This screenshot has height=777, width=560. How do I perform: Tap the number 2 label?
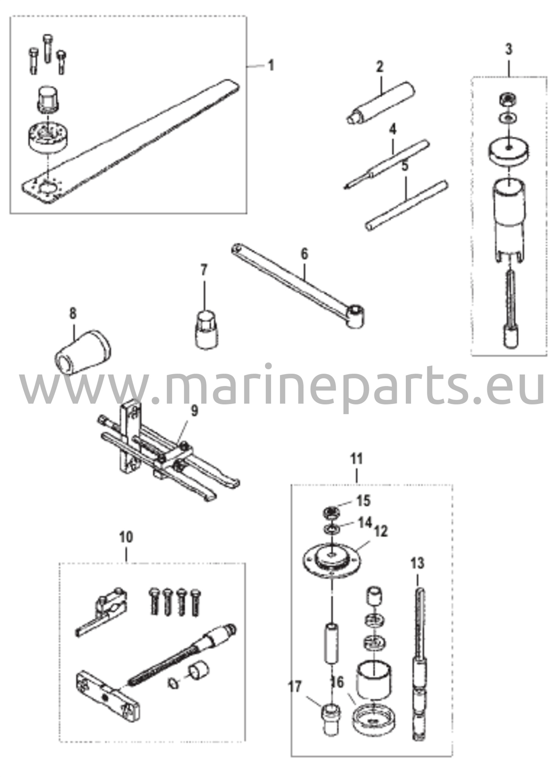[x=380, y=67]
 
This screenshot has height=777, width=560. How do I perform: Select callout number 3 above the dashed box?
[x=508, y=49]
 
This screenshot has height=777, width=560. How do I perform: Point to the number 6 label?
[x=305, y=254]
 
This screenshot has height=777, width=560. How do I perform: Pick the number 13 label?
[x=417, y=563]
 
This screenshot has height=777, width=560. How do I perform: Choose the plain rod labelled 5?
[x=407, y=205]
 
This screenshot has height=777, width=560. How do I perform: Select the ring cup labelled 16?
[x=375, y=711]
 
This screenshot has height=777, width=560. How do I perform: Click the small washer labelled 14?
[x=331, y=528]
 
